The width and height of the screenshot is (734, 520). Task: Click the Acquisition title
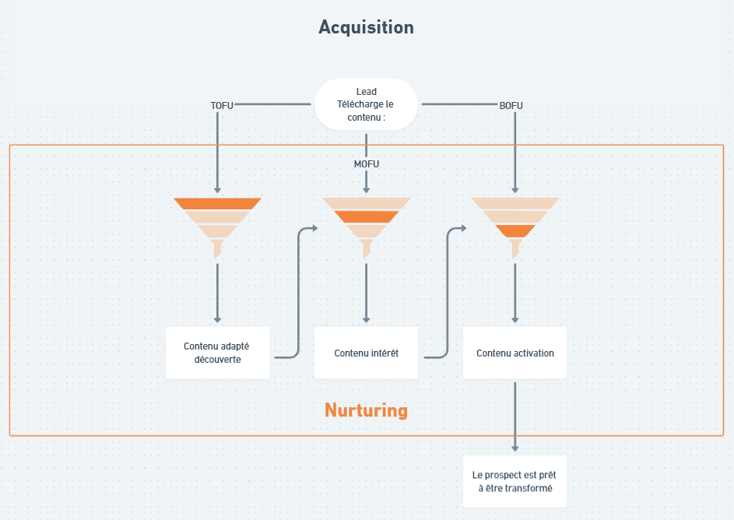366,27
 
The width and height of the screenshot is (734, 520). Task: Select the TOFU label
222,104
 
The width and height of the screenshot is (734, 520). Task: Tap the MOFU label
366,164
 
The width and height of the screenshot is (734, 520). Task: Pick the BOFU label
511,104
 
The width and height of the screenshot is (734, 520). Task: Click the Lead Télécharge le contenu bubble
366,104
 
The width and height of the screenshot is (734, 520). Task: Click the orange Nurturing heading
366,410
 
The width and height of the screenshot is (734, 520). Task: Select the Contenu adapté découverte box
217,353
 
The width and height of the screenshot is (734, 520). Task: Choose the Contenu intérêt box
366,353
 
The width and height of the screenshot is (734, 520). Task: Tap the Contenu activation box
515,353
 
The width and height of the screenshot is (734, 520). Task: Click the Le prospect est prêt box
515,482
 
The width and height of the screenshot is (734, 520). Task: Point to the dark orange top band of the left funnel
217,204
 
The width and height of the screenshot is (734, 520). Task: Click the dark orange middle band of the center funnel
366,217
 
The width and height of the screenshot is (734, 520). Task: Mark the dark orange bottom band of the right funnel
515,231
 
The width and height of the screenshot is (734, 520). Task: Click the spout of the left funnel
217,248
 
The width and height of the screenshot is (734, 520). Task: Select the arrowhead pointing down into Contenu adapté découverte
217,319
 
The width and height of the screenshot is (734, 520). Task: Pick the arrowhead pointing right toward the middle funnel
314,228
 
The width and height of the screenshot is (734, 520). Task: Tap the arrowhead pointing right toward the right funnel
463,228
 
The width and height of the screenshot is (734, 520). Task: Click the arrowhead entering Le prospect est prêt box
515,448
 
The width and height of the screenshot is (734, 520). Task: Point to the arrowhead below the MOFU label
366,188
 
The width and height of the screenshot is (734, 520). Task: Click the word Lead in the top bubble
366,92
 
